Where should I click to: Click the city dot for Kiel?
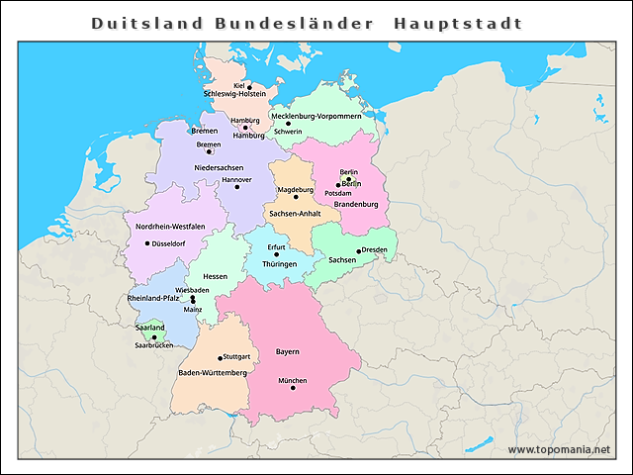(x=249, y=86)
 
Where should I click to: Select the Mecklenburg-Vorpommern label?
(x=322, y=116)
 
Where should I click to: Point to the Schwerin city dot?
(x=289, y=124)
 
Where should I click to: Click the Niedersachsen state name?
(x=219, y=167)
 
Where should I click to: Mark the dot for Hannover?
(x=236, y=186)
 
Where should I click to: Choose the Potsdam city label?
(x=351, y=193)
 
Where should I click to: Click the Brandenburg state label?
(x=357, y=204)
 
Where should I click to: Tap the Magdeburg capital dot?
(x=295, y=197)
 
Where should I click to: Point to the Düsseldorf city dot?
(x=147, y=243)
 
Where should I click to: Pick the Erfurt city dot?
(x=276, y=254)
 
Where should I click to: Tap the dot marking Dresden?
(x=358, y=250)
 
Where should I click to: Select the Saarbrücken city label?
(x=154, y=345)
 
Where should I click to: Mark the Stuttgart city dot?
(x=220, y=357)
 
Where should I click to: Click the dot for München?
(x=293, y=388)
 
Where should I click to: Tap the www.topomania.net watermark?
(x=559, y=450)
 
